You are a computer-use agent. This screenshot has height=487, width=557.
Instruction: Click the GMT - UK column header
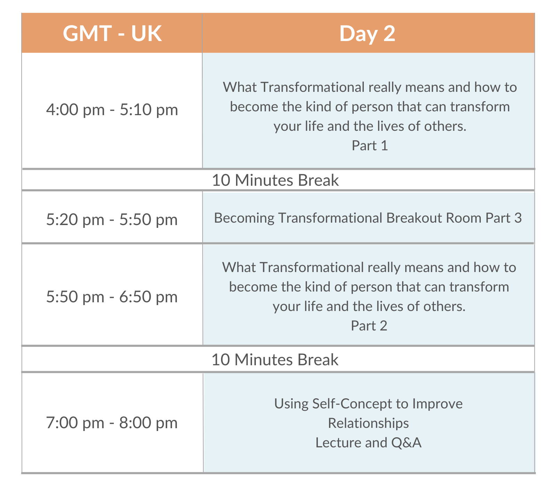(112, 33)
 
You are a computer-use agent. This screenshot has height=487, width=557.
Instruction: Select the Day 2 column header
(368, 33)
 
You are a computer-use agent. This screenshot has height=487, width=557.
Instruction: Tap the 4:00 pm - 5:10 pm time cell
(112, 110)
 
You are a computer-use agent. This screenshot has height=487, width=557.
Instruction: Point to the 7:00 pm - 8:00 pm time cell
(112, 423)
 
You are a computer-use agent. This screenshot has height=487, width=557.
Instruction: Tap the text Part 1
(370, 145)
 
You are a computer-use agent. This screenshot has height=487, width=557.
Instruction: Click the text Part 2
(369, 326)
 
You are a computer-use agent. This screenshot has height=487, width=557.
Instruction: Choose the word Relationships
(368, 423)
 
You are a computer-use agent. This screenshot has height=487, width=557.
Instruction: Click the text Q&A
(406, 443)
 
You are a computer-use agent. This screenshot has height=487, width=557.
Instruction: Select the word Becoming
(244, 218)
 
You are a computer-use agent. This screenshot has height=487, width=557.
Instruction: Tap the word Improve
(438, 404)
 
